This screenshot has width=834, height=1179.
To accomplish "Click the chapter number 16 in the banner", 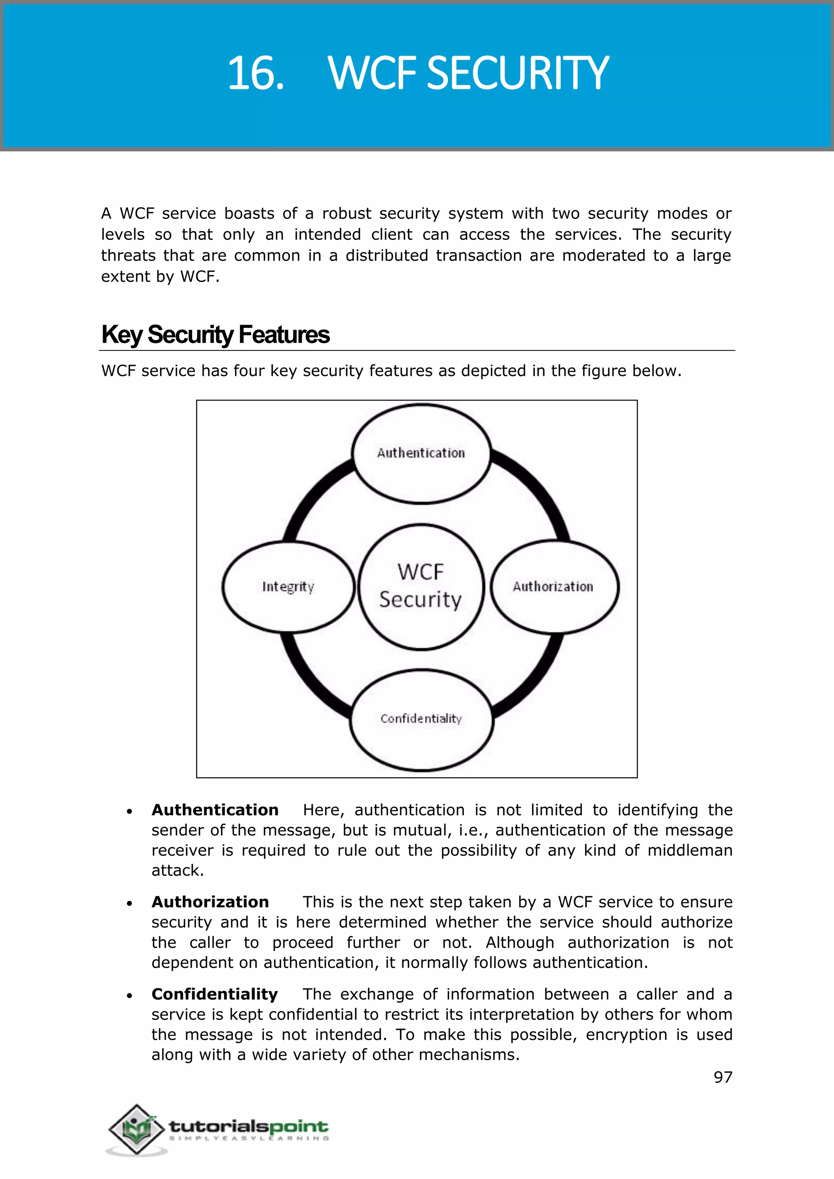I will pos(255,73).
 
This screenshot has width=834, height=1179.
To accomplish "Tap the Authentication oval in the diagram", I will pos(421,453).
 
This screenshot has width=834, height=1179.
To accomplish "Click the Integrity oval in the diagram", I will pos(288,586).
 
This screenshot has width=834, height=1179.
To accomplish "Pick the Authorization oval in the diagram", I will pos(553,586).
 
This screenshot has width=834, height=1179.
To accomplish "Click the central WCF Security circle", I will pos(421,586).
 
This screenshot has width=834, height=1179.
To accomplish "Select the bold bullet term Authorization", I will pos(210,902).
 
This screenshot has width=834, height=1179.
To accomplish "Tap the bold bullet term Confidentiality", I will pos(214,994).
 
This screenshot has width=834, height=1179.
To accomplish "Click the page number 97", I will pos(722,1077).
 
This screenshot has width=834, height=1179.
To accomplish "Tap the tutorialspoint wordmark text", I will pos(248,1126).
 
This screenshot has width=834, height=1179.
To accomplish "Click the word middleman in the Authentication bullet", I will pos(689,850).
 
